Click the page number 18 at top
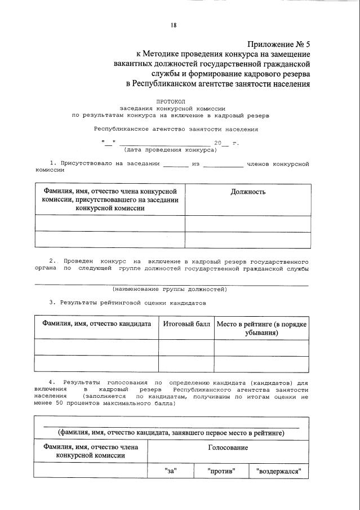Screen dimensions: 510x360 174,25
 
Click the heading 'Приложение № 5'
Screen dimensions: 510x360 279,44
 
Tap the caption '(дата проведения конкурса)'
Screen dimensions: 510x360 170,150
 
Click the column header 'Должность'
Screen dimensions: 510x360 247,192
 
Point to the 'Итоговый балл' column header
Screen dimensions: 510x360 186,325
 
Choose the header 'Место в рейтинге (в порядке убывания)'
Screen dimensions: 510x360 261,329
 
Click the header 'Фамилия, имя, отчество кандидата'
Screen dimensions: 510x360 96,325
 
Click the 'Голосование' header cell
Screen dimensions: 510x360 228,447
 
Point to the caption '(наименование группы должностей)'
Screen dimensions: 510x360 170,289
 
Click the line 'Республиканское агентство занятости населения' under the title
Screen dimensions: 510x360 176,128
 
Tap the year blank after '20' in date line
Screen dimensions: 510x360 225,143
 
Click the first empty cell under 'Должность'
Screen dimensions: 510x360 247,224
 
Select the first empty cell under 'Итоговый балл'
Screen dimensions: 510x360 186,348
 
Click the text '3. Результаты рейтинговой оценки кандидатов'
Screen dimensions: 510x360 127,303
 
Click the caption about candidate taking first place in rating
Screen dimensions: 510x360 171,433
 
